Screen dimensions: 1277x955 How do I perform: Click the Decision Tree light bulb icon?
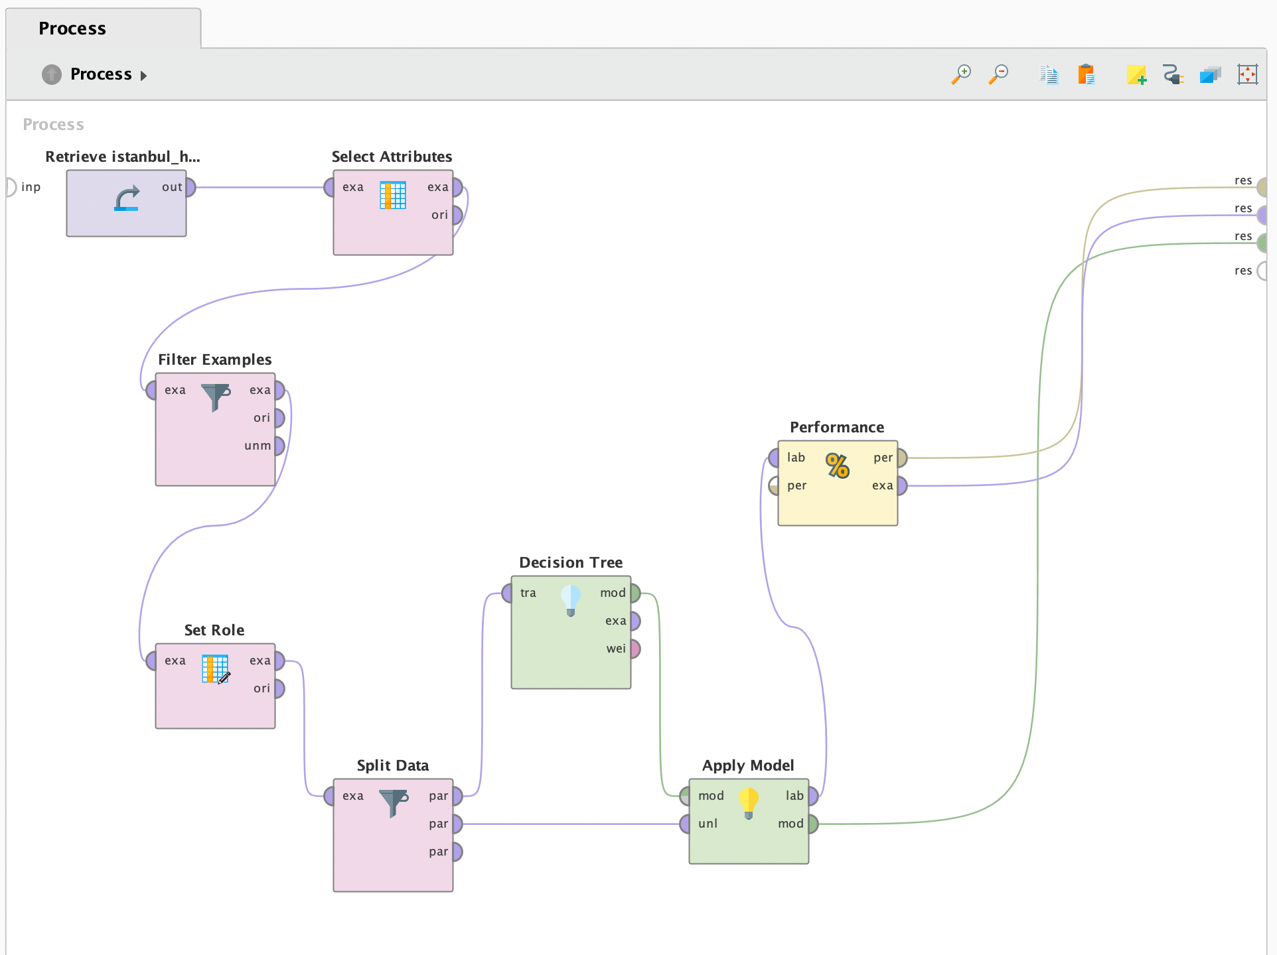[571, 600]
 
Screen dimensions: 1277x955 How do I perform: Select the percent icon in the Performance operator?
[838, 466]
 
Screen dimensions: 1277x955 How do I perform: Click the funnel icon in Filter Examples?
[216, 397]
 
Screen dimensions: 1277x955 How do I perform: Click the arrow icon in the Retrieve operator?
[127, 198]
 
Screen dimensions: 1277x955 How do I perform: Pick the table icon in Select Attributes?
[393, 195]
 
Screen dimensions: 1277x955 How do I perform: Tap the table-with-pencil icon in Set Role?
[216, 669]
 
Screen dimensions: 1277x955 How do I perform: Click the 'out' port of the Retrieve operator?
[190, 188]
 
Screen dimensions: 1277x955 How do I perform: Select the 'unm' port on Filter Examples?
[279, 446]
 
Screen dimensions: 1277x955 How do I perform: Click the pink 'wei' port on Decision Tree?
[635, 649]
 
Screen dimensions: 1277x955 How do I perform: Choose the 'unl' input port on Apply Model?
[685, 824]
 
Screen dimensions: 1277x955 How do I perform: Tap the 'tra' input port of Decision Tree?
[507, 593]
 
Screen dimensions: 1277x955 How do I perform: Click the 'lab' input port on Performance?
[774, 458]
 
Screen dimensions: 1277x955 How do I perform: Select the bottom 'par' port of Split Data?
[457, 852]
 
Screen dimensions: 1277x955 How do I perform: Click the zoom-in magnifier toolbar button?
[961, 74]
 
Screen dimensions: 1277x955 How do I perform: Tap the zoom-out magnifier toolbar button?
[998, 74]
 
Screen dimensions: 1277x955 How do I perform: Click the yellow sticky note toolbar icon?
[1136, 74]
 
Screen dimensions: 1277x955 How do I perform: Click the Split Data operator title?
[393, 765]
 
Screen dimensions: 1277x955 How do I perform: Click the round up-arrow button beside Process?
[52, 74]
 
